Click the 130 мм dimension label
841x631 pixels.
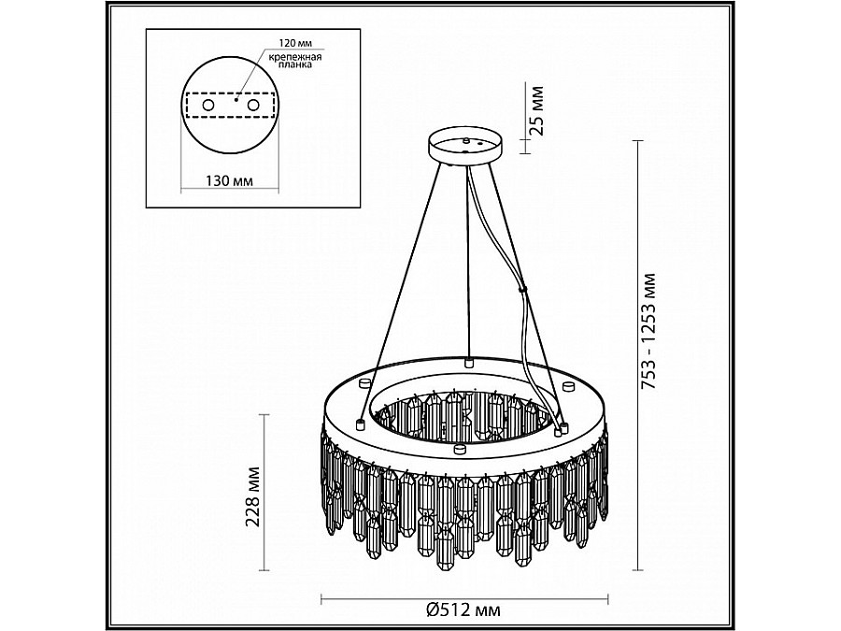click(x=230, y=180)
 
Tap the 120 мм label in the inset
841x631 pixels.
click(x=295, y=42)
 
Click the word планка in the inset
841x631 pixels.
click(x=295, y=65)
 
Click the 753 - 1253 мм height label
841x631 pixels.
click(x=649, y=332)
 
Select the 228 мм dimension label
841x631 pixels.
click(x=253, y=497)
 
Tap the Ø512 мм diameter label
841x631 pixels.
click(x=463, y=610)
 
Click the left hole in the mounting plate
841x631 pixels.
click(x=207, y=105)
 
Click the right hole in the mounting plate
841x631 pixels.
click(x=252, y=105)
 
